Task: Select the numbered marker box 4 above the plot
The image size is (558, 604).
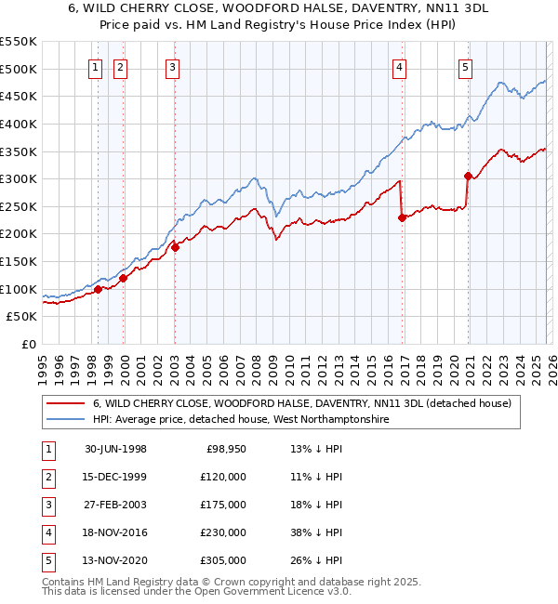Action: pyautogui.click(x=398, y=66)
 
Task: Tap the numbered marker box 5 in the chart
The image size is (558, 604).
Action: pyautogui.click(x=464, y=66)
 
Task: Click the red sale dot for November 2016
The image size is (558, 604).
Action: pyautogui.click(x=402, y=217)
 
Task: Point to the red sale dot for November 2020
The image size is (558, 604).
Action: pyautogui.click(x=468, y=176)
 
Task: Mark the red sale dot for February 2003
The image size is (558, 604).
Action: pyautogui.click(x=175, y=247)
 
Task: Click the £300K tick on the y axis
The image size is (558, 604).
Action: pyautogui.click(x=18, y=178)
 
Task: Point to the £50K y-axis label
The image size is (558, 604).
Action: pyautogui.click(x=20, y=317)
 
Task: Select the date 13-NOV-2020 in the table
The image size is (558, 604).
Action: pyautogui.click(x=115, y=560)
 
